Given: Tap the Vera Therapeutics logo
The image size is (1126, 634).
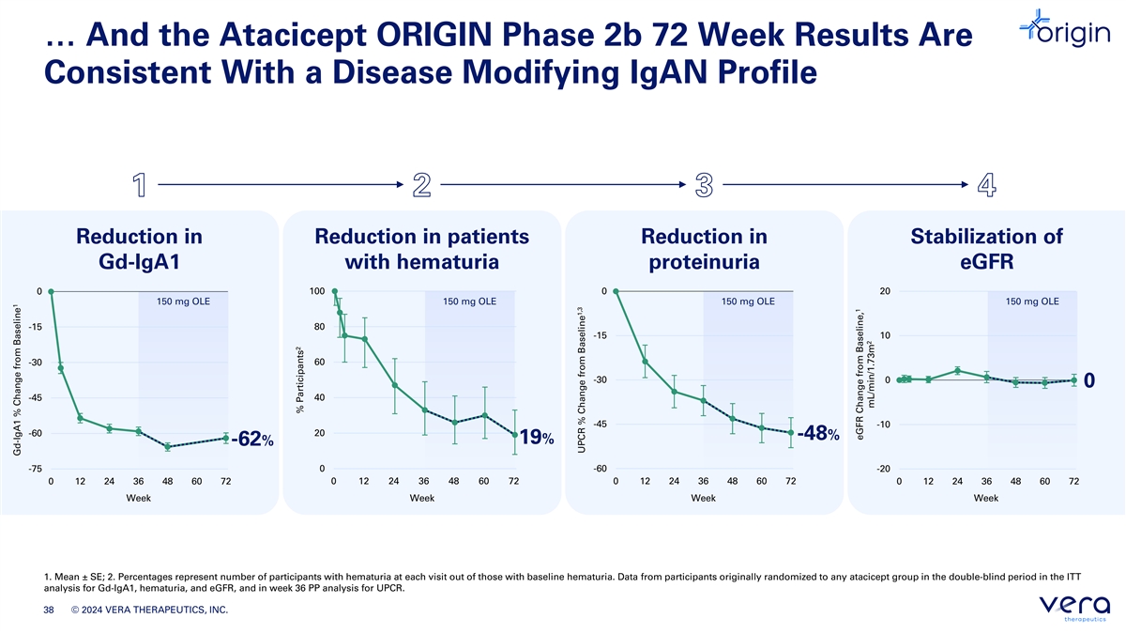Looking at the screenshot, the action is click(1074, 608).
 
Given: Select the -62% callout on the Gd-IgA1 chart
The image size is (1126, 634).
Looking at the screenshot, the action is click(252, 439).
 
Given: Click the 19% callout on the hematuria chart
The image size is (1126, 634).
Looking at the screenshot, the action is click(537, 438).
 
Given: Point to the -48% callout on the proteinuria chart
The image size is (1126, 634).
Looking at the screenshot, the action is click(818, 433).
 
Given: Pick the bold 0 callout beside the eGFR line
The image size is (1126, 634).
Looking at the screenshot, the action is click(1088, 380).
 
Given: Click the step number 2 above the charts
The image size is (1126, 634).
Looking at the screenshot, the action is click(421, 185).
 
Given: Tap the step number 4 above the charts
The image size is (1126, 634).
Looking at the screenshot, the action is click(987, 185).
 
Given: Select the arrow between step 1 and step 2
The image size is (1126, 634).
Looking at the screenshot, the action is click(281, 185).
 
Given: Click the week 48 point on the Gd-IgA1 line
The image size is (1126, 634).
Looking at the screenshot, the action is click(167, 446).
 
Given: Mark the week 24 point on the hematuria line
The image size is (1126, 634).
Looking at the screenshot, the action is click(395, 385).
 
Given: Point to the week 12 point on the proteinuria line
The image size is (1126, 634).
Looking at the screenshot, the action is click(645, 362).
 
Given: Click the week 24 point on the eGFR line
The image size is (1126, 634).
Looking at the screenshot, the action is click(958, 371).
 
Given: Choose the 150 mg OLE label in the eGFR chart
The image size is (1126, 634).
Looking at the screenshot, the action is click(1032, 302).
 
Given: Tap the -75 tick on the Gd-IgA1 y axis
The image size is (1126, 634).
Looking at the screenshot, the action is click(36, 469).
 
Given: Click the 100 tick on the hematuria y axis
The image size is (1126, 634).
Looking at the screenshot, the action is click(317, 291).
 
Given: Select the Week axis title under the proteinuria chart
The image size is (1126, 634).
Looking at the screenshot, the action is click(703, 498).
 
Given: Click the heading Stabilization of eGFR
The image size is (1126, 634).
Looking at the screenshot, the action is click(987, 249).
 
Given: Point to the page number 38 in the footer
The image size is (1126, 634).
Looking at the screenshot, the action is click(48, 610).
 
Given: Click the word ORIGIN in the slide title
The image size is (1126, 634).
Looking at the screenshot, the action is click(434, 35).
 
